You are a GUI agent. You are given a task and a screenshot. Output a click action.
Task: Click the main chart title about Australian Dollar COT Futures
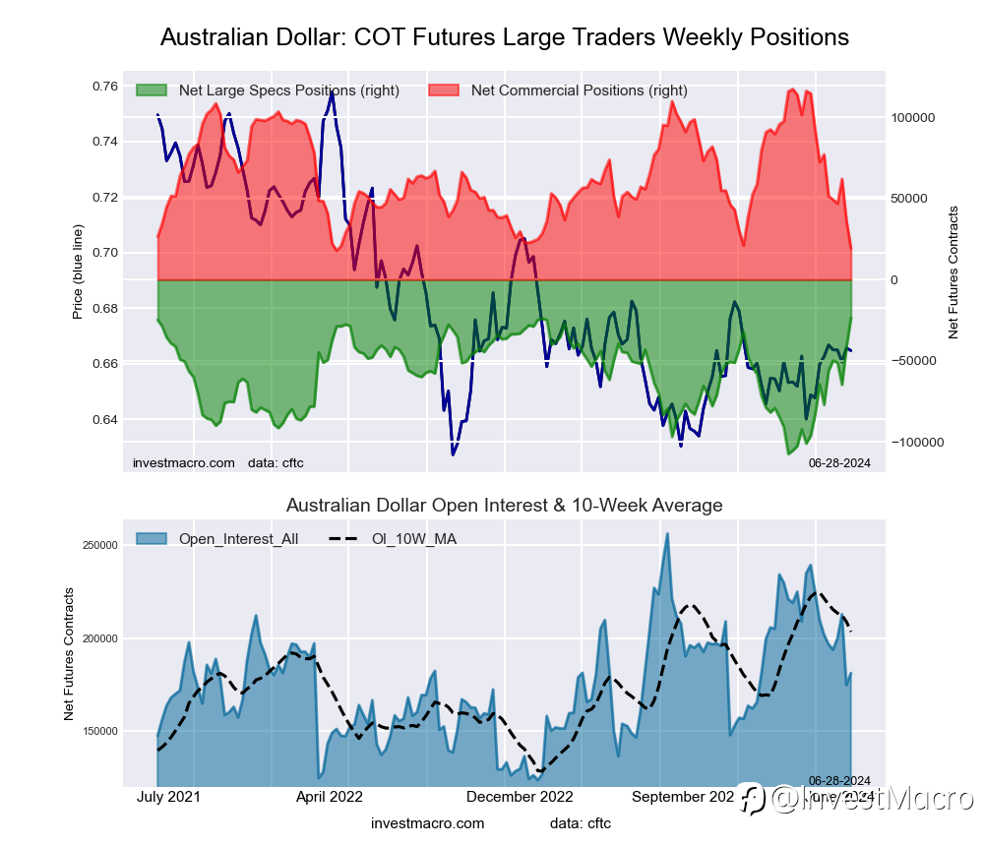coord(504,37)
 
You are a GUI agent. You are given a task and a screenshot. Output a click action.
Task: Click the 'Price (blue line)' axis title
coord(78,272)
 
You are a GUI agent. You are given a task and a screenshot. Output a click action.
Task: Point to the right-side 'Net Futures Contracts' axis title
coord(953,272)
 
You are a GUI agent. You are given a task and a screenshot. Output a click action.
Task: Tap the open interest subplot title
coord(504,506)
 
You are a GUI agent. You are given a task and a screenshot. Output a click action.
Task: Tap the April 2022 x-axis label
coord(330,797)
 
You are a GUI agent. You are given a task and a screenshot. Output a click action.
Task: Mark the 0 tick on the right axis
coord(895,280)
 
